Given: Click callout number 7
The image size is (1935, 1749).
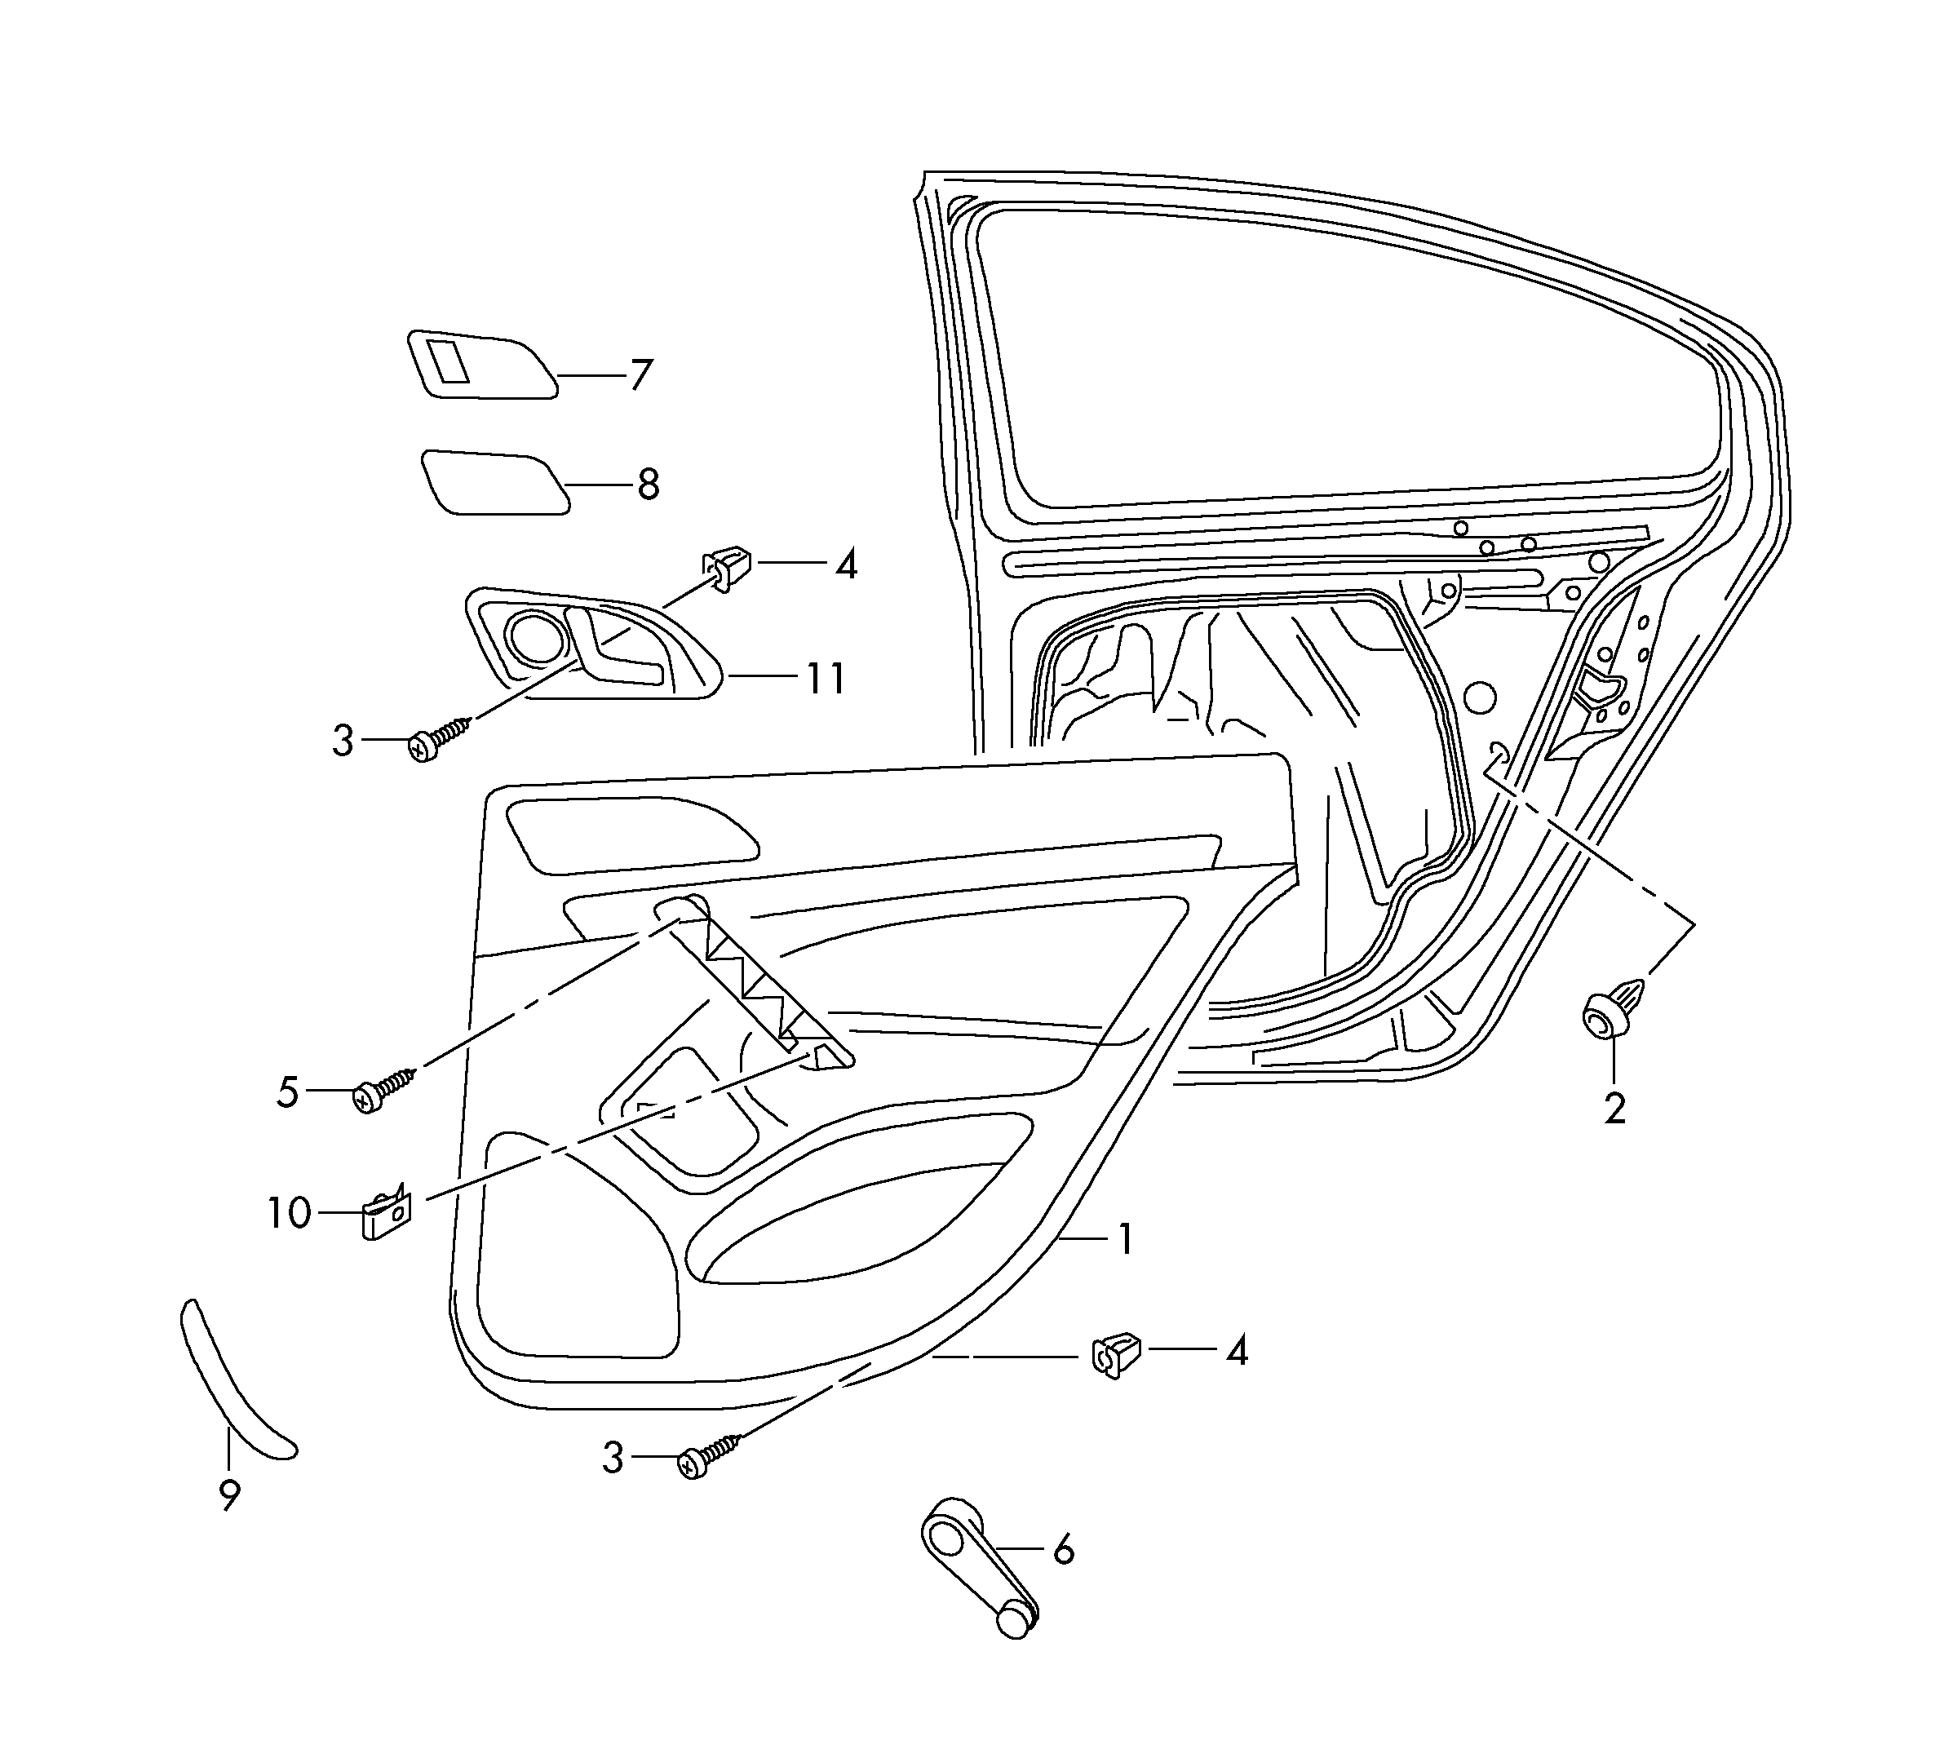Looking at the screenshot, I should (641, 374).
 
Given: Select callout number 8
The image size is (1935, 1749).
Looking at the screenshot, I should (649, 484).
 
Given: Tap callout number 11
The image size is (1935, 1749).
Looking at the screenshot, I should (826, 679).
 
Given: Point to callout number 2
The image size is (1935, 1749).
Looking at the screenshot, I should (1614, 1109).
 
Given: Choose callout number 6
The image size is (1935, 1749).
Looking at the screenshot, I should (1064, 1549).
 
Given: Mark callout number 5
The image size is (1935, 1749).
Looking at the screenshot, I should (288, 1092).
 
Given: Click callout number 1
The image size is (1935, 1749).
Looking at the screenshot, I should (1125, 1238).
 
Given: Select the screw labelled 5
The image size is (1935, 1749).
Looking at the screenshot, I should (382, 1091).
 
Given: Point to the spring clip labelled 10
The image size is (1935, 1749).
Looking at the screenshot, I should (386, 1215).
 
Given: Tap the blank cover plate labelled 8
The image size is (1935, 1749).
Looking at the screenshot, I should (494, 483).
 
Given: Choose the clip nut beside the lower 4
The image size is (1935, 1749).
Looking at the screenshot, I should (1116, 1353).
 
